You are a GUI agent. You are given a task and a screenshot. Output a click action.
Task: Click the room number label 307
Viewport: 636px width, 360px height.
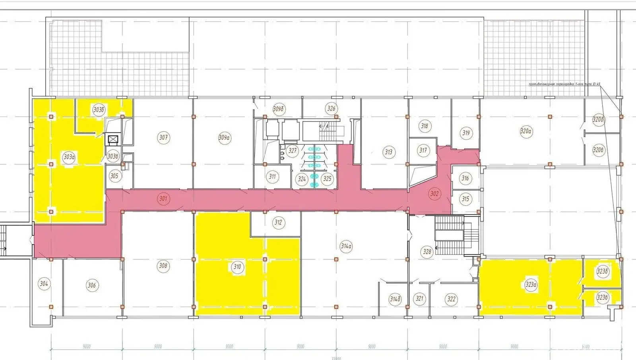tap(163, 138)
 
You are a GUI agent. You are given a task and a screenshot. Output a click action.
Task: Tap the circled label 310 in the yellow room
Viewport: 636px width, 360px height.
tap(237, 267)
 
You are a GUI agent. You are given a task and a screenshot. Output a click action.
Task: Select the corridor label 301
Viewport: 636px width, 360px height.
tap(163, 198)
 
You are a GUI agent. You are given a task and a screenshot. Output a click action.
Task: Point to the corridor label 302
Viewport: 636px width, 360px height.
tap(434, 194)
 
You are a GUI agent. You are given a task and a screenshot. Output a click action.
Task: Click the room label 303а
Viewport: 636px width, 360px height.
tap(69, 157)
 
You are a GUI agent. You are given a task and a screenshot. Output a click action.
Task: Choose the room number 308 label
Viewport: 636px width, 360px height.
tap(163, 266)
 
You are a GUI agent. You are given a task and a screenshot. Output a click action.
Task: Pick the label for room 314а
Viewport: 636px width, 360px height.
tap(346, 246)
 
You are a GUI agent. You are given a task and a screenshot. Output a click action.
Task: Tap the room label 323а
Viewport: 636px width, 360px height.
tap(531, 285)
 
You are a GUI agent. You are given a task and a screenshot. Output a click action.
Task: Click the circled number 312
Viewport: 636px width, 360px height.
tap(278, 222)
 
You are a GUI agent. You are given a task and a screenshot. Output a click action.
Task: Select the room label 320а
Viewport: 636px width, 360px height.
tap(526, 131)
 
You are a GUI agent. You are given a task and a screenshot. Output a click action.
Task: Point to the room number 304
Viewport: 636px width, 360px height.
tap(44, 284)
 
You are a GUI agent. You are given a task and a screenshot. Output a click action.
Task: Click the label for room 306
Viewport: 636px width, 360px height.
tap(92, 285)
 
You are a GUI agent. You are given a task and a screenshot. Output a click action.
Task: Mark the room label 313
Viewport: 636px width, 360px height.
tap(388, 152)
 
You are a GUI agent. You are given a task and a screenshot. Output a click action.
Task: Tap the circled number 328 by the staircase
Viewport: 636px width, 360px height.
tap(427, 251)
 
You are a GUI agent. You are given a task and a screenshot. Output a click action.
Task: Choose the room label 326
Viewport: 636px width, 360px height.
tap(331, 108)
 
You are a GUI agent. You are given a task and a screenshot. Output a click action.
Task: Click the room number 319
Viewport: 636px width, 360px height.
tap(466, 133)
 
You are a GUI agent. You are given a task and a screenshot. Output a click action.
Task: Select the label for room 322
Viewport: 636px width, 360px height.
tap(451, 299)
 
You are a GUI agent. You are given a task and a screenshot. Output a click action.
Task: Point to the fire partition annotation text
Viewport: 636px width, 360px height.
tap(564, 84)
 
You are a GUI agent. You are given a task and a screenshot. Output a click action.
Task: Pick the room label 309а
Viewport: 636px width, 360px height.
tap(224, 138)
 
